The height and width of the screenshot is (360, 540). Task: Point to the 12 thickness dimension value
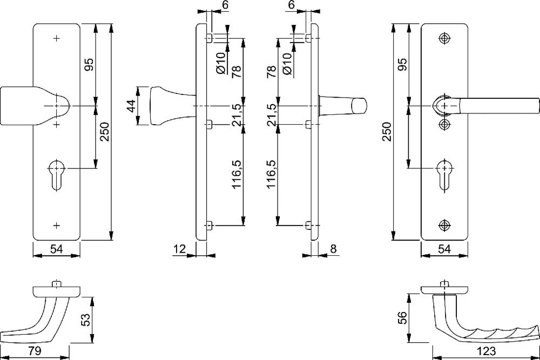click(x=180, y=248)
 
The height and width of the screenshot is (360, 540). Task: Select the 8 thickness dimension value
click(x=333, y=248)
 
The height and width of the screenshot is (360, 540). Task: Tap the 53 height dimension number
click(x=86, y=319)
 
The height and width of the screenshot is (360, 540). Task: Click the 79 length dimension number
click(x=35, y=351)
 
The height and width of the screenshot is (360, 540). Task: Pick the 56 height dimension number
click(x=402, y=318)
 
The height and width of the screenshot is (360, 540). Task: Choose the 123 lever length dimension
click(x=487, y=351)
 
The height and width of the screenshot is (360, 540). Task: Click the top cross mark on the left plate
click(x=57, y=38)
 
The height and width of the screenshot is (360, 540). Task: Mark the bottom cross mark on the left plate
click(x=57, y=226)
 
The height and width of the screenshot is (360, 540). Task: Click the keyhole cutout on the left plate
click(x=57, y=174)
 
